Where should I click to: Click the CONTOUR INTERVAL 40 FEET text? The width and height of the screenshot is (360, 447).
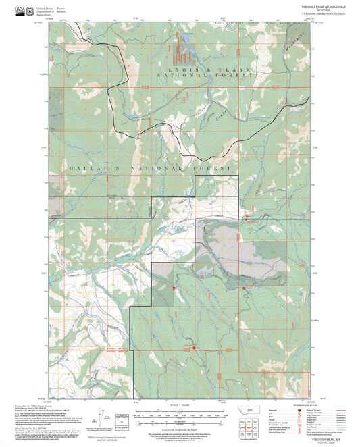coord(179,427)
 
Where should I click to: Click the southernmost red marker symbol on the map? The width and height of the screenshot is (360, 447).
coord(195,348)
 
